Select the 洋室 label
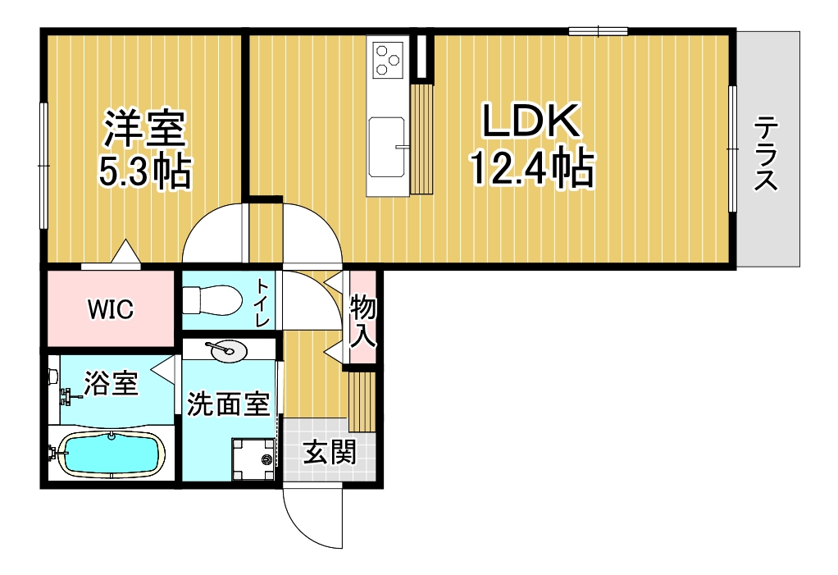144,128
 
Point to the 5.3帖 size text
144,171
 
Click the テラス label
765,153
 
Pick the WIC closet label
111,309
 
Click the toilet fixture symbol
212,299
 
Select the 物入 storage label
363,322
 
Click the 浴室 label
112,382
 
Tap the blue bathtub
111,453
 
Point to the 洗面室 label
228,404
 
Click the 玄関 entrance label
330,454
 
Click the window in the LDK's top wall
598,31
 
